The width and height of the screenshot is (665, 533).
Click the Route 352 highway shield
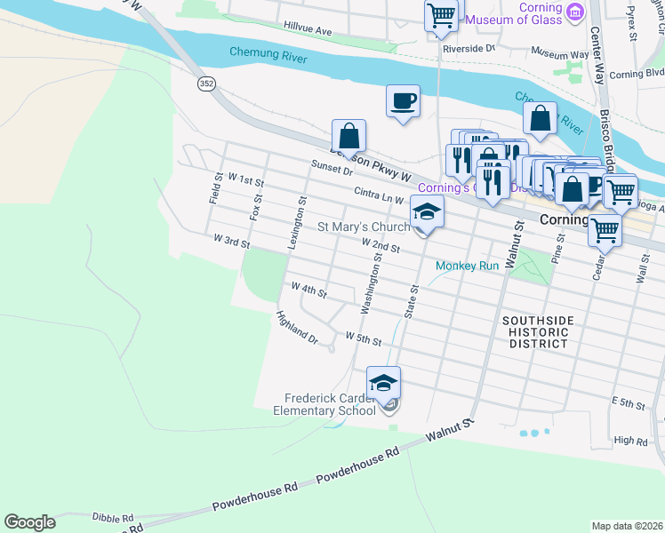click(206, 84)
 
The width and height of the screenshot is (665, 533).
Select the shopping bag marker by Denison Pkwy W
click(349, 136)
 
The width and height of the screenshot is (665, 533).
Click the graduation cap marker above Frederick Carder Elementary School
click(383, 382)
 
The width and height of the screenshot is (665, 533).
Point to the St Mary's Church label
click(364, 227)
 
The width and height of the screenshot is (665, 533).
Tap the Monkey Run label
click(468, 266)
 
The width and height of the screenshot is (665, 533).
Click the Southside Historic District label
click(537, 331)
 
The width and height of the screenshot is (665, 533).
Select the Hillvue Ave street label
click(307, 30)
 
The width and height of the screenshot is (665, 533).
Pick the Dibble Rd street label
click(112, 517)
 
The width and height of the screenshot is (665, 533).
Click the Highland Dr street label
click(297, 328)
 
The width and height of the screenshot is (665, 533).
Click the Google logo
click(29, 522)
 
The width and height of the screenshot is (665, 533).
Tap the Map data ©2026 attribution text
click(627, 526)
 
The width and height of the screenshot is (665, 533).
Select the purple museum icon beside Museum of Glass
click(576, 13)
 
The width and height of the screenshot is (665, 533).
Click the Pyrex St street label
click(632, 23)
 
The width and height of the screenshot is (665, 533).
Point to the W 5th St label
click(363, 339)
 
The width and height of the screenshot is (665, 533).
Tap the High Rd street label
click(630, 441)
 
